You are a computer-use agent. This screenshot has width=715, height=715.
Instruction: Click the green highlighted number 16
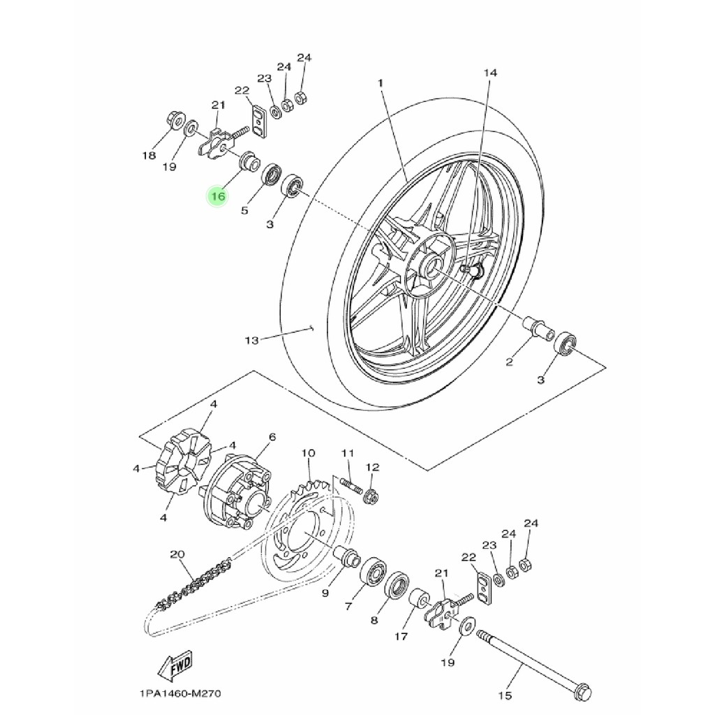tap(218, 196)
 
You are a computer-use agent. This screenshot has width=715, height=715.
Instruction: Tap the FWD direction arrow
tap(175, 666)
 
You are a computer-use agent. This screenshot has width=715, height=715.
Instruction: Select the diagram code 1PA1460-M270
tap(180, 693)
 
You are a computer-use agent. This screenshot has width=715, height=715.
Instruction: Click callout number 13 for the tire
tap(251, 340)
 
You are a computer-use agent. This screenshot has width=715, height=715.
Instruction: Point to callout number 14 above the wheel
tap(490, 73)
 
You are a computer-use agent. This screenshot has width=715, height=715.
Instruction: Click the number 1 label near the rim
tap(381, 83)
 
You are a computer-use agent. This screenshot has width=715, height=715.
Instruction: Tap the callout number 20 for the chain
tap(177, 554)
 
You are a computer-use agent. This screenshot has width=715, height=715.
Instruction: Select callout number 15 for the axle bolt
tap(505, 695)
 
